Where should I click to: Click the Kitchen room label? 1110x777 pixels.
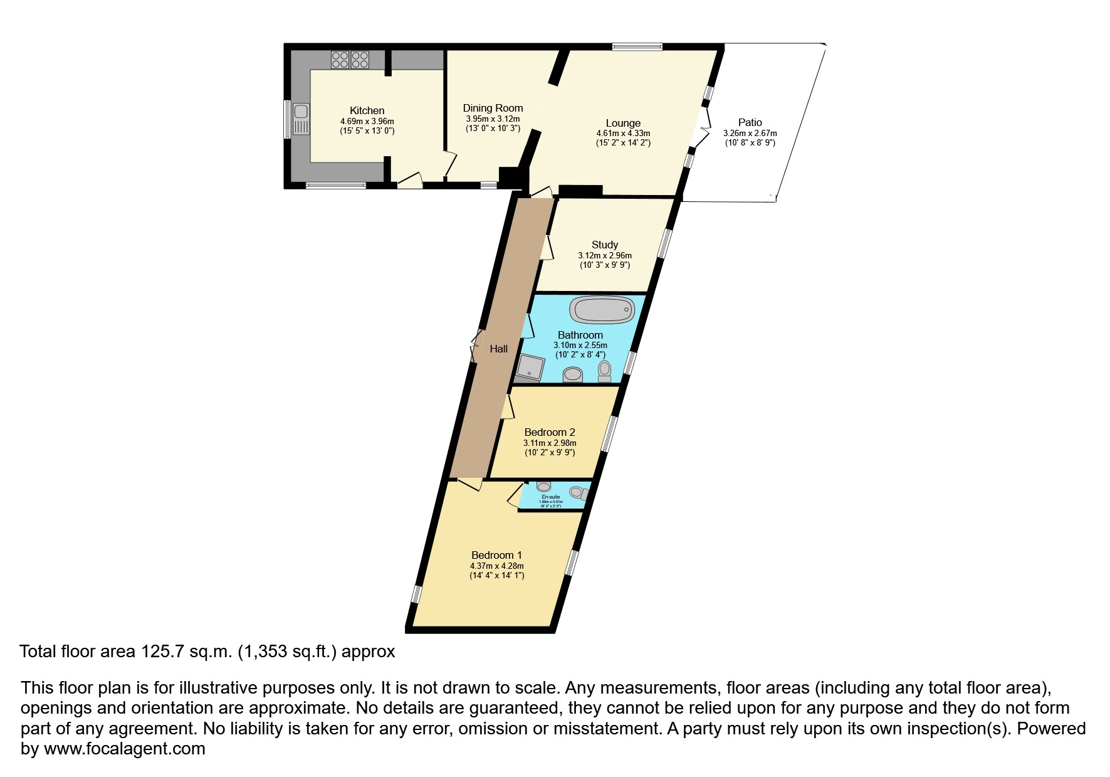[x=367, y=110]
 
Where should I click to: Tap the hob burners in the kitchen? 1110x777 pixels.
[x=350, y=60]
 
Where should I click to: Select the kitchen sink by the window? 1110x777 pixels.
[x=301, y=119]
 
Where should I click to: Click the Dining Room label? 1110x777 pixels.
[x=493, y=108]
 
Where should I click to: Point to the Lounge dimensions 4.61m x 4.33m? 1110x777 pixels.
[x=623, y=134]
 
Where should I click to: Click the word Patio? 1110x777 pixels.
[x=750, y=122]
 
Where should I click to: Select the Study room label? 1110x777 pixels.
[x=605, y=245]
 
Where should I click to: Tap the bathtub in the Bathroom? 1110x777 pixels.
[x=602, y=309]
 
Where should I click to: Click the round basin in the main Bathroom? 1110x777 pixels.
[x=573, y=375]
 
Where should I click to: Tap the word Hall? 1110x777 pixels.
[x=499, y=349]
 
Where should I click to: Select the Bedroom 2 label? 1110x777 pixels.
[x=550, y=432]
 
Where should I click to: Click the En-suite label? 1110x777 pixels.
[x=551, y=497]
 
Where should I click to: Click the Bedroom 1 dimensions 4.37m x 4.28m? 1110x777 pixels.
[x=497, y=566]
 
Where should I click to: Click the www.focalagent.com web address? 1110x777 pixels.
[x=124, y=748]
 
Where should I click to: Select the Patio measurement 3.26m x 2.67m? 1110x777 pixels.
[x=750, y=133]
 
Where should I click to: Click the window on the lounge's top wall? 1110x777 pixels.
[x=637, y=46]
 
